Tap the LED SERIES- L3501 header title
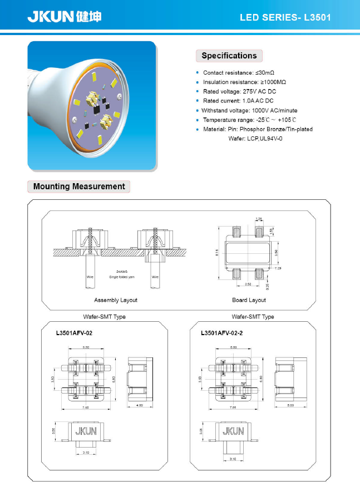285,17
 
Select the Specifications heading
229,56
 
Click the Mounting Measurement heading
79,186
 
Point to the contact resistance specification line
239,73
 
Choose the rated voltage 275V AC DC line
239,91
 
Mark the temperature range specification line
249,120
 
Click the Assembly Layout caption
115,300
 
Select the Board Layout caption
249,300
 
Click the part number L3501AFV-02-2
221,333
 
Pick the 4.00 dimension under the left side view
139,405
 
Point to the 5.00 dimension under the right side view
290,405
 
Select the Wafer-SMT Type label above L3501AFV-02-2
253,316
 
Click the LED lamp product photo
92,106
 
